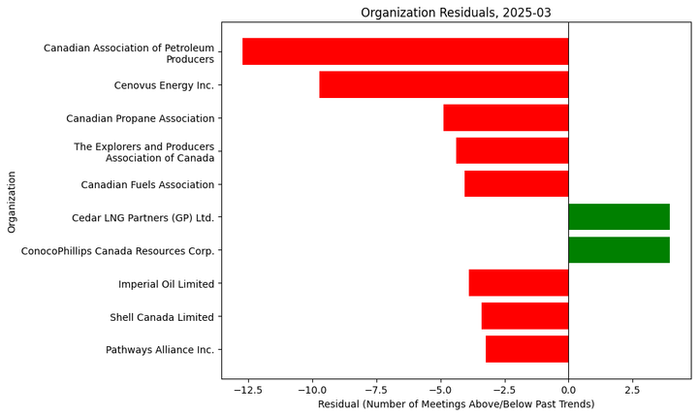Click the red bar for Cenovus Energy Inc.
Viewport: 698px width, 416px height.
(x=443, y=84)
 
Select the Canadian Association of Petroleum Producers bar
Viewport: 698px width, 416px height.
(x=405, y=51)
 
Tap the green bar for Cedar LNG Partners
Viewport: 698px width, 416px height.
(x=619, y=217)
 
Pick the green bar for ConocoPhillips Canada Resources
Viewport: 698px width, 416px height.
(x=619, y=250)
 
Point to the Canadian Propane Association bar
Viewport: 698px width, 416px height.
(x=505, y=117)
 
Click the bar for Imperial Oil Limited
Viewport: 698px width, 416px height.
(x=518, y=283)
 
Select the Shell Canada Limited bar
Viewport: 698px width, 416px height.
(x=524, y=316)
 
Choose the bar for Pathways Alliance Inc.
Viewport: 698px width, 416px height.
(x=526, y=349)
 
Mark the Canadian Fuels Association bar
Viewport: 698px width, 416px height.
(x=516, y=184)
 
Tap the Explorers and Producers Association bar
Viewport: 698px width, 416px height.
(x=512, y=151)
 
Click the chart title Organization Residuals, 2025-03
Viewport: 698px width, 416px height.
(x=456, y=13)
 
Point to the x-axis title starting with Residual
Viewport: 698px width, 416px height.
(x=456, y=404)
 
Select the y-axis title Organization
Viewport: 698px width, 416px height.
(x=12, y=202)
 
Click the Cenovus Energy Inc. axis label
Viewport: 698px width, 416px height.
(x=164, y=85)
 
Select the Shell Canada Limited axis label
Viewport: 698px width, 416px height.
(x=162, y=317)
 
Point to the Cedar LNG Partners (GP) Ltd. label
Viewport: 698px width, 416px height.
(x=143, y=218)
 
